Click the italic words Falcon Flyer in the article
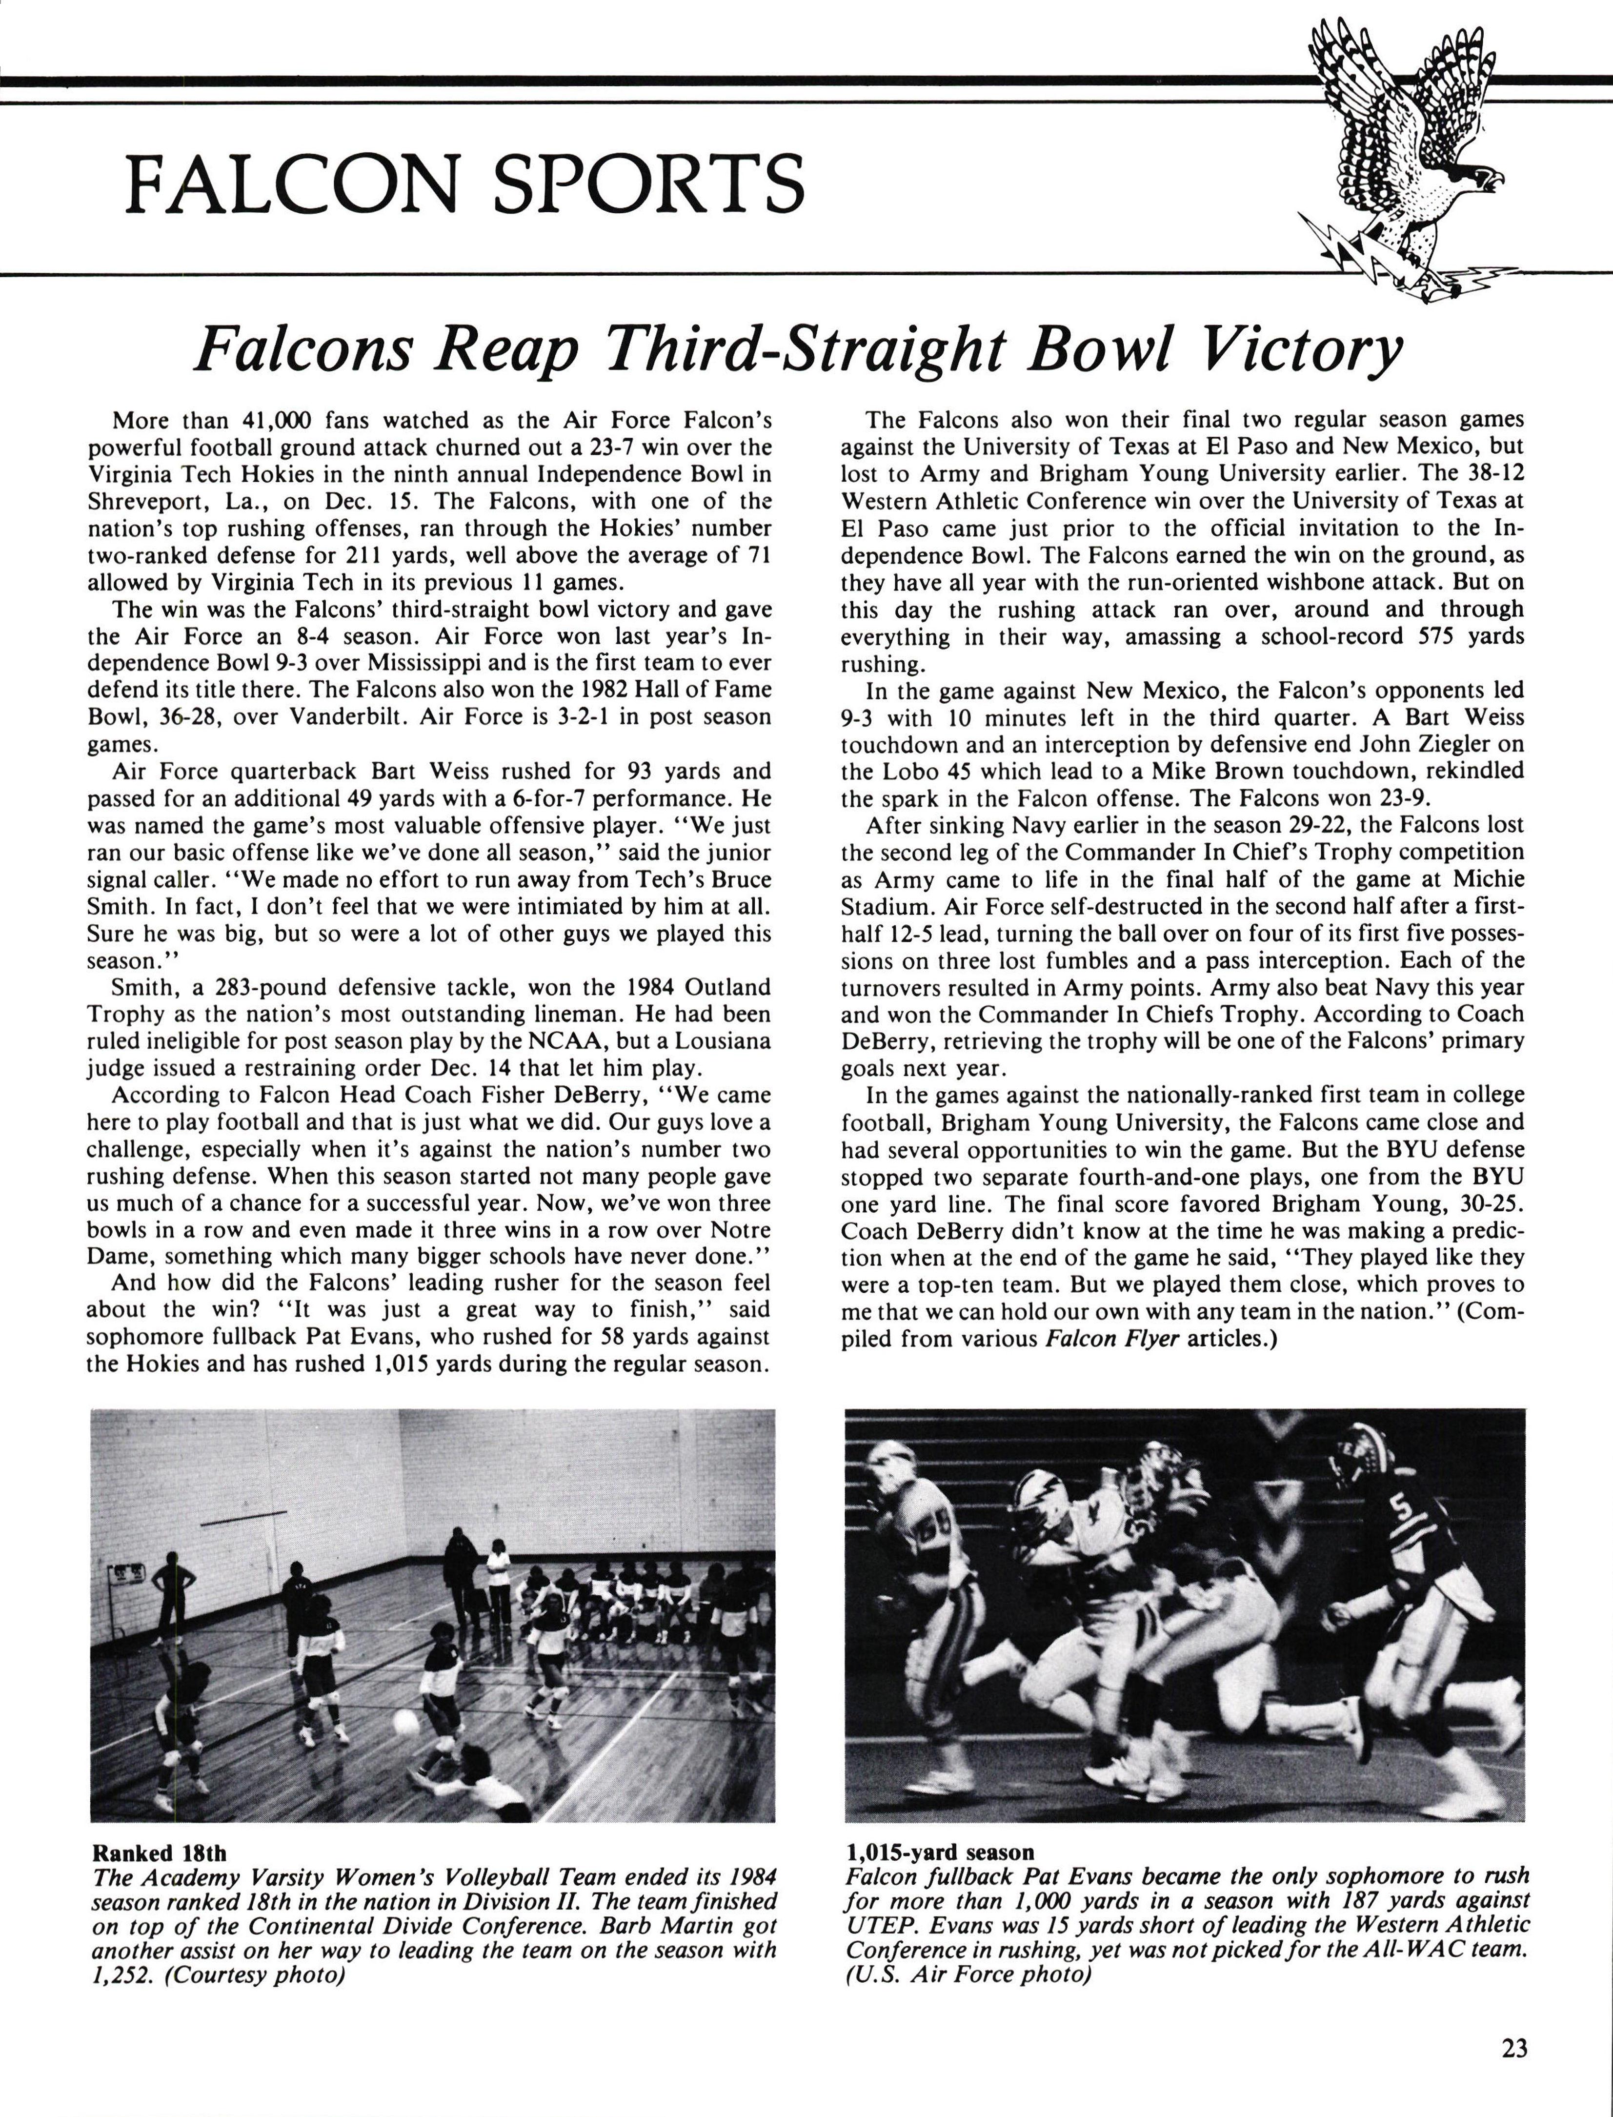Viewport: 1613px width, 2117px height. tap(1112, 1338)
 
